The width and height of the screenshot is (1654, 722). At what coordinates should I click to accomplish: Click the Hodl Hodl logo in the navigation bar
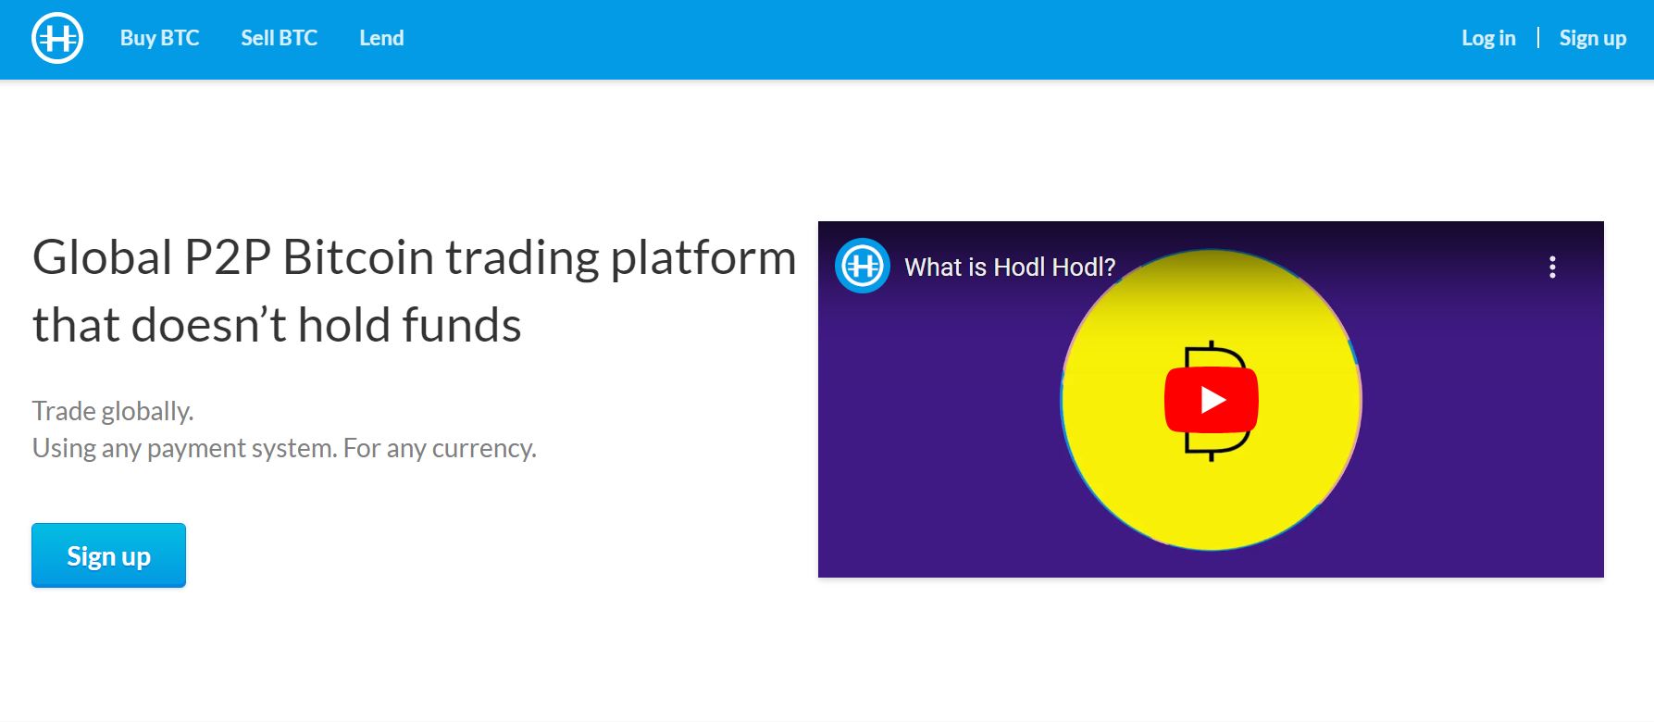click(x=57, y=38)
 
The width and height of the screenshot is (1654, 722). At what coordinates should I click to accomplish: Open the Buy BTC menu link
click(x=159, y=38)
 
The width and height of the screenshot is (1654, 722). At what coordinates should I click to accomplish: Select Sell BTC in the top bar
click(x=279, y=38)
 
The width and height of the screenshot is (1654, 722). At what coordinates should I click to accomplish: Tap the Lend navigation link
click(x=381, y=38)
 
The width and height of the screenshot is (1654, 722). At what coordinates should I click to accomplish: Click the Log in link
click(x=1488, y=38)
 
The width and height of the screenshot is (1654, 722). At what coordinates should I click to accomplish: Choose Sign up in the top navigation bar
click(x=1592, y=38)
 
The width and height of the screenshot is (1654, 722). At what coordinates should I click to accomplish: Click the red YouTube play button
click(x=1212, y=400)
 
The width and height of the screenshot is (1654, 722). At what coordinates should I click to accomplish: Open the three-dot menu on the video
click(x=1552, y=268)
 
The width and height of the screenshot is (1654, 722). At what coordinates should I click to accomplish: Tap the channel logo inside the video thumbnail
click(x=863, y=267)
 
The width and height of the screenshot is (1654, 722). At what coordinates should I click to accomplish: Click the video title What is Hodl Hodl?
click(x=1010, y=268)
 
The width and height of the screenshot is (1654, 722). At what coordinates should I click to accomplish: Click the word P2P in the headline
click(x=228, y=257)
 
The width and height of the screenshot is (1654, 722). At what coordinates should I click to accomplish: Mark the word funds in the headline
click(x=461, y=325)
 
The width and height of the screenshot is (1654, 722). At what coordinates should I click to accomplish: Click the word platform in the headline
click(x=703, y=259)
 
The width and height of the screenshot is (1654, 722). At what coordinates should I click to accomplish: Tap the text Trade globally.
click(x=113, y=411)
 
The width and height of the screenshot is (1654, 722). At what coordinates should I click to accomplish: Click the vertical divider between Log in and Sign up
click(x=1538, y=37)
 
